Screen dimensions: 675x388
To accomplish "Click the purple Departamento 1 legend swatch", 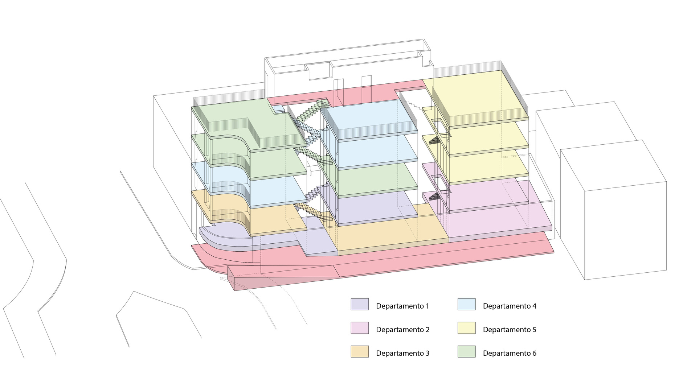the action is (360, 304).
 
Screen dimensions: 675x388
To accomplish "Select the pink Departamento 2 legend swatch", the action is (360, 328).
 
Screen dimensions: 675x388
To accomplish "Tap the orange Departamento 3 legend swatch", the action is (360, 351).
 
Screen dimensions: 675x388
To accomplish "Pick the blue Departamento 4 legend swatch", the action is (466, 304).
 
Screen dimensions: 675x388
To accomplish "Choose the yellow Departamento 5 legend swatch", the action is (466, 328).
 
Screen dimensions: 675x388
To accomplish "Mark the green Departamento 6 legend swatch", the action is (466, 351).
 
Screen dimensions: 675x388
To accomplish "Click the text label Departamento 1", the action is (402, 306).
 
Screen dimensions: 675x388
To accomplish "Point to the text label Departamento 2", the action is (403, 330).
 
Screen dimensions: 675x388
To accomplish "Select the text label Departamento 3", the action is (403, 353).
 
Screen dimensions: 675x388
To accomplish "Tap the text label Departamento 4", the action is (510, 306).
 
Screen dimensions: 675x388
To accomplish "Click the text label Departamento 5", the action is (510, 330).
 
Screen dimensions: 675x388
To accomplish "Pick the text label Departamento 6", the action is (510, 353).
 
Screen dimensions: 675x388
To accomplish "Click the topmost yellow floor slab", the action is (475, 98).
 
